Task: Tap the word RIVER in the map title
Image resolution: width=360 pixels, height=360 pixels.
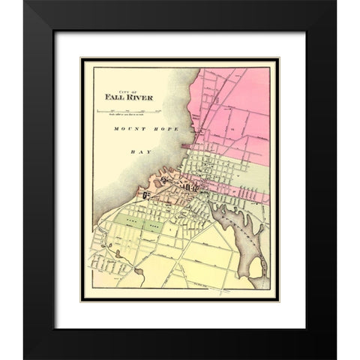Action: (x=131, y=96)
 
